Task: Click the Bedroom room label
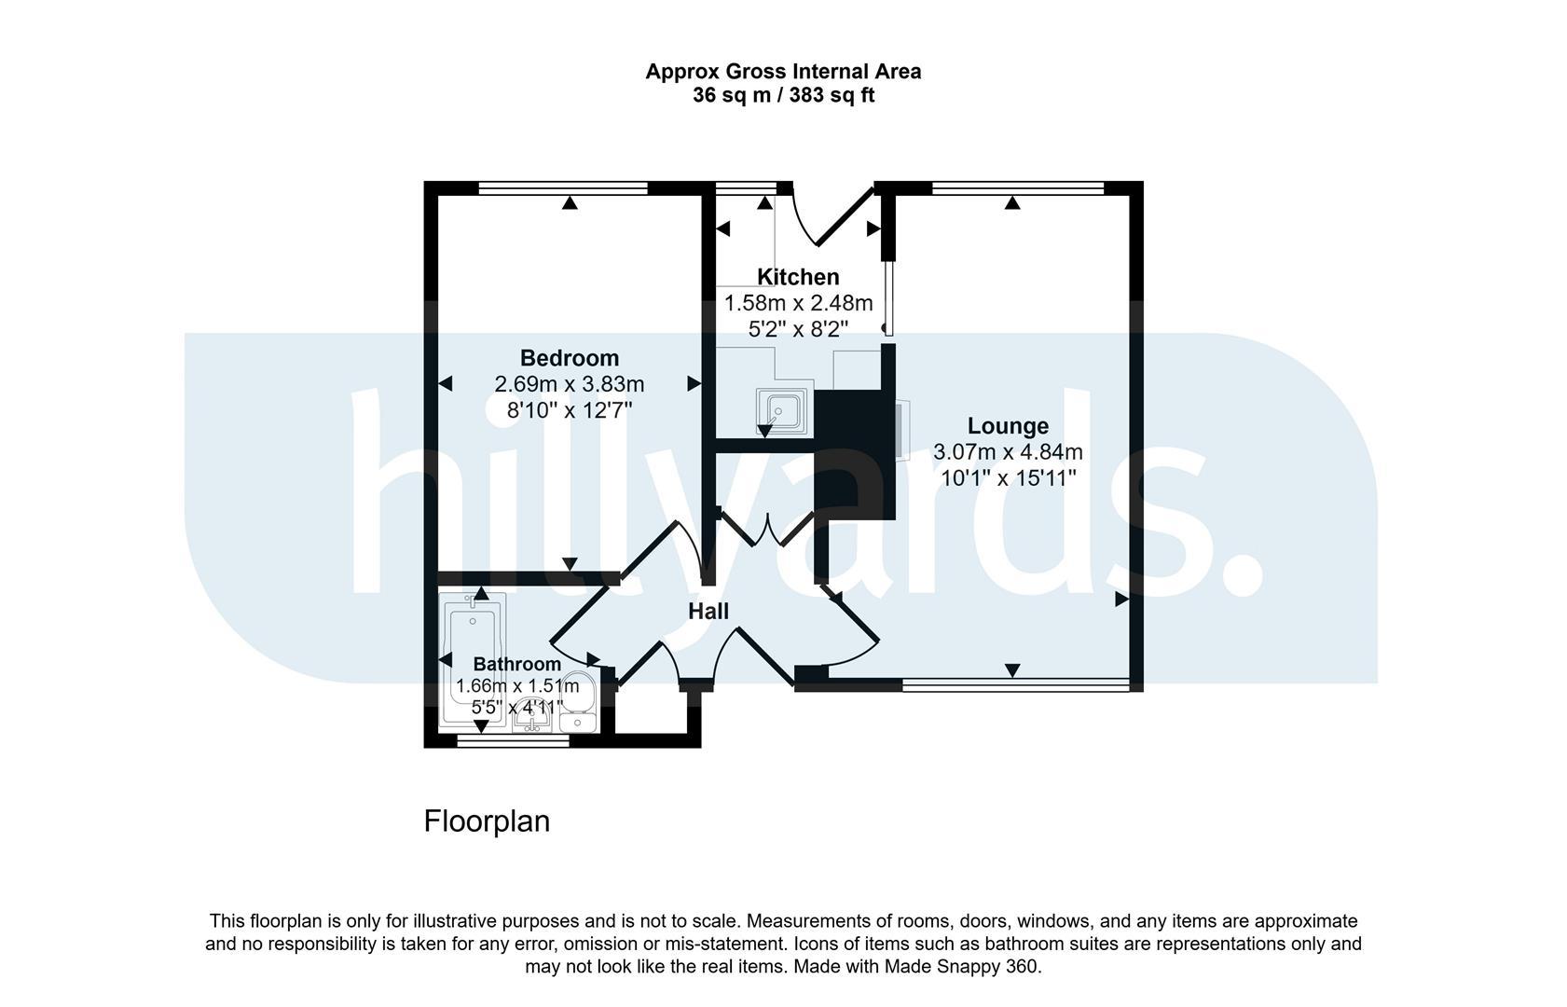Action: (x=570, y=358)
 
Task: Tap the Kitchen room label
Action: (x=798, y=277)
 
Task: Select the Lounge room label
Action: (x=1008, y=425)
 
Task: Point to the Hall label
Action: (x=708, y=612)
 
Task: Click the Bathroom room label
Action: (x=517, y=664)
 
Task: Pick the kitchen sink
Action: (x=782, y=411)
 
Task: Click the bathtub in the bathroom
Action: (x=473, y=657)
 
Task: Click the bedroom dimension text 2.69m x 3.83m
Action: (x=570, y=384)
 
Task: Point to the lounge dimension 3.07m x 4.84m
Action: (x=1008, y=452)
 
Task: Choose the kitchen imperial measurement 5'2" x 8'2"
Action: (x=798, y=329)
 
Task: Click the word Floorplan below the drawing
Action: (x=487, y=821)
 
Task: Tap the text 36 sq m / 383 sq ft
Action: (x=783, y=95)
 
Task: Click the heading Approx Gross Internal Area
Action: (x=783, y=72)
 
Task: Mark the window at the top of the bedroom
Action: (x=563, y=187)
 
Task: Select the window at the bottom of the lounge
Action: (x=1016, y=685)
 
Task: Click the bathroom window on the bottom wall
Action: (x=513, y=741)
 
